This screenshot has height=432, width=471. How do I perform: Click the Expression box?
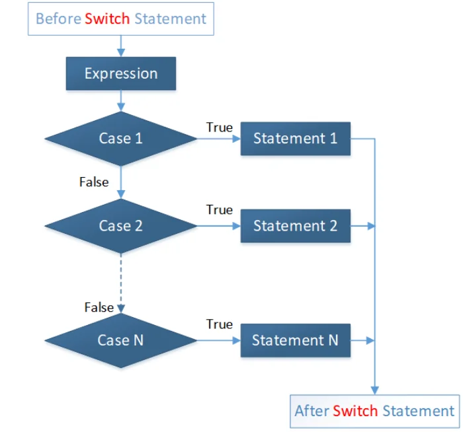[x=121, y=73]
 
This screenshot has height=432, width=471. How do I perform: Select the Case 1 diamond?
[x=121, y=138]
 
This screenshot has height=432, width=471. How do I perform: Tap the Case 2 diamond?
[x=121, y=225]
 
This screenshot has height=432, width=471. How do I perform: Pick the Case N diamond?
[x=121, y=340]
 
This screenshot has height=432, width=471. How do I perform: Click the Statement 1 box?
[x=295, y=138]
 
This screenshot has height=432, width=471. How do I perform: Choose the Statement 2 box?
[x=295, y=225]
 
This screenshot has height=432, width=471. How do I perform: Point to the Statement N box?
[x=295, y=340]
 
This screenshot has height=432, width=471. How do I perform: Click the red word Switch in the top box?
[x=107, y=18]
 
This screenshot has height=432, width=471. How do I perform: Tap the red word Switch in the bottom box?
[x=355, y=411]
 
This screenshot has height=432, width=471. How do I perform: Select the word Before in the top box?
[x=58, y=18]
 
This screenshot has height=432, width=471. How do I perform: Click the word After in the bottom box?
[x=312, y=411]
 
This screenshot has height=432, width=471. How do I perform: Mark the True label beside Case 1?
[x=219, y=127]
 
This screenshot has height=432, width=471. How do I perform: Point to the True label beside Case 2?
[x=219, y=209]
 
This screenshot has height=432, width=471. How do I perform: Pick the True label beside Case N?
[x=219, y=324]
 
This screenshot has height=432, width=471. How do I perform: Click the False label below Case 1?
[x=94, y=182]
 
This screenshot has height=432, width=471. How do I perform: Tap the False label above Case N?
[x=99, y=306]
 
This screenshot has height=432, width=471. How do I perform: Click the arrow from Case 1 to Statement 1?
[x=218, y=139]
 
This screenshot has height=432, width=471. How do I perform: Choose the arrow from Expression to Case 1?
[x=121, y=100]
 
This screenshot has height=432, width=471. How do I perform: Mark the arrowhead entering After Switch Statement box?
[x=375, y=390]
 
